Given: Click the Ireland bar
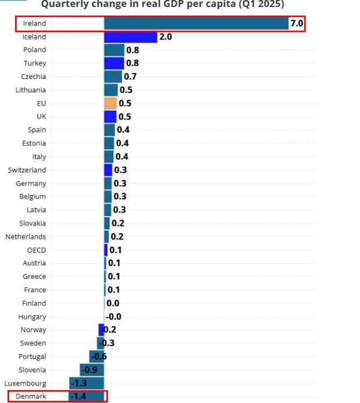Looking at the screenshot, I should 196,24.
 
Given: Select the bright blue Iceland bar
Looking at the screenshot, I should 131,37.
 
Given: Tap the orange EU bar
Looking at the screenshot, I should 110,103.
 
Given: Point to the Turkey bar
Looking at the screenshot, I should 114,63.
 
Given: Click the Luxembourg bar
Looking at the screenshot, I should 87,383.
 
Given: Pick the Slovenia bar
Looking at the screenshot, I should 91,370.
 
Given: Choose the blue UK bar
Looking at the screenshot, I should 110,117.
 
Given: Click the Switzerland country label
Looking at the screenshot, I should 27,170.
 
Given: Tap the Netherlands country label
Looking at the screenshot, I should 26,237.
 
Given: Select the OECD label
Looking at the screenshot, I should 37,250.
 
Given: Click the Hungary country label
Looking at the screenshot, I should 33,317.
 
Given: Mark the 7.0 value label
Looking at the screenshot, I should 297,24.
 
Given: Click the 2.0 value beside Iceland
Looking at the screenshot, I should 165,37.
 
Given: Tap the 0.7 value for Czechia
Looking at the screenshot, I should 130,77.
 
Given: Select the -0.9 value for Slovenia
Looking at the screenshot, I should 89,370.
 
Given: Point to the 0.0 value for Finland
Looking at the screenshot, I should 113,303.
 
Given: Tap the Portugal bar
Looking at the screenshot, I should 96,357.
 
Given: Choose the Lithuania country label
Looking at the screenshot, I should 31,90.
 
